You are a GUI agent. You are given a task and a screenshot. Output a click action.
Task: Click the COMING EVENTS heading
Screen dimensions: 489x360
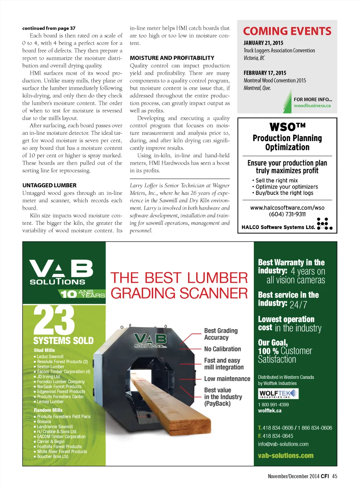point(287,31)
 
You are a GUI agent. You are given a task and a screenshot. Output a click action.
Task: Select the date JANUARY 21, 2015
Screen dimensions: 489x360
point(263,43)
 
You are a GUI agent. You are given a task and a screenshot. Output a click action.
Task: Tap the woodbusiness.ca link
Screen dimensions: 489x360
point(312,106)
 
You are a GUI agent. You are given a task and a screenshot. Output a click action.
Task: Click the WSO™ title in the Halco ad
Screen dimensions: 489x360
point(287,127)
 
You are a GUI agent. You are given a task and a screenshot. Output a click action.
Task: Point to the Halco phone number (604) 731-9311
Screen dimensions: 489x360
point(287,214)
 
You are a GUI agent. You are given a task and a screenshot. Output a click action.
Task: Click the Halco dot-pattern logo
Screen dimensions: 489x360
point(324,224)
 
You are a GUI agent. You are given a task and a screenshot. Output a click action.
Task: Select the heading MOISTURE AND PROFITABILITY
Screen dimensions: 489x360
point(172,58)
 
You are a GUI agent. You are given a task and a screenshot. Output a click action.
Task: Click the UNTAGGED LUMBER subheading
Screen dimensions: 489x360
point(49,185)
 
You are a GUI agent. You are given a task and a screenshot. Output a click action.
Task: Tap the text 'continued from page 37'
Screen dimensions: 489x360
point(49,28)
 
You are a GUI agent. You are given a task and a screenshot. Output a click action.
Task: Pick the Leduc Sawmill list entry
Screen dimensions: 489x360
point(50,356)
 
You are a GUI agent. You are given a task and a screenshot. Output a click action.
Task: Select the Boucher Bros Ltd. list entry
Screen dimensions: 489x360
point(53,457)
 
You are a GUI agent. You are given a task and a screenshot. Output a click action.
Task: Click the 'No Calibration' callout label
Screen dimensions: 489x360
point(223,349)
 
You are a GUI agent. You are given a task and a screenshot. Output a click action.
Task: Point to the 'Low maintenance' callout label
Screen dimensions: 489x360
point(227,379)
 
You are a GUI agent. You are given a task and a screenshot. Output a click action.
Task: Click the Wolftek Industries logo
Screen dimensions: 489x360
point(278,394)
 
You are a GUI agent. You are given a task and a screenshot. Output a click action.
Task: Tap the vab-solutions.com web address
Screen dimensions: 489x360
point(285,456)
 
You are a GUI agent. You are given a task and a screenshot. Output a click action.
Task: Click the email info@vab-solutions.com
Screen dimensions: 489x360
point(283,444)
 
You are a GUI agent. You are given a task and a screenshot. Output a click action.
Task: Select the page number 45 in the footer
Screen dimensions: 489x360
point(334,476)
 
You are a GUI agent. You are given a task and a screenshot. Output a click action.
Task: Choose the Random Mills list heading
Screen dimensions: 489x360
point(48,410)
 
